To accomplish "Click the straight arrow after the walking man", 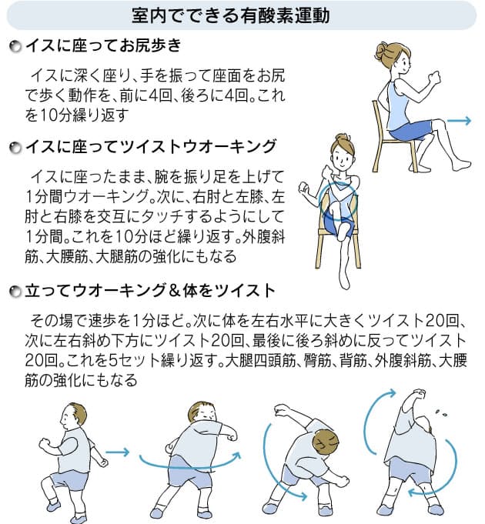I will point(117,452).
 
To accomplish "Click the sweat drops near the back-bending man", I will point(444,412).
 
